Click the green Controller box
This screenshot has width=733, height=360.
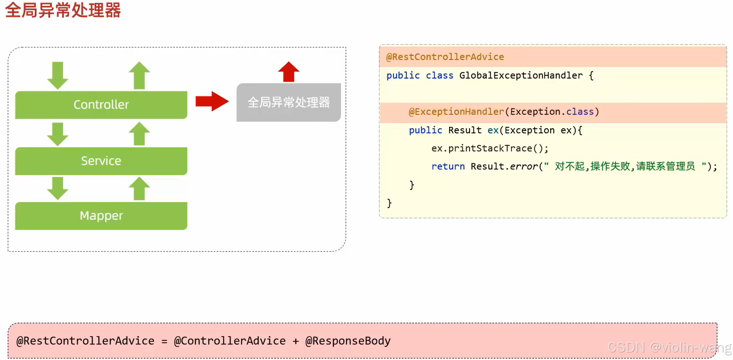101,105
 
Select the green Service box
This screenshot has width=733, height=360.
101,161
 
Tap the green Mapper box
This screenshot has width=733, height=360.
101,216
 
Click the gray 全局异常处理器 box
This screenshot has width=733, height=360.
289,102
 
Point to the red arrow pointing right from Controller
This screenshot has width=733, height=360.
212,102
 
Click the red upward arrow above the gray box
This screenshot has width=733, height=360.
289,72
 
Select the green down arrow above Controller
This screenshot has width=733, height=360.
57,75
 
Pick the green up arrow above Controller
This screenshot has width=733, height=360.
139,75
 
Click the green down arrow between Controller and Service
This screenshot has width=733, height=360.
57,134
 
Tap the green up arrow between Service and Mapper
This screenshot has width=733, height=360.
139,189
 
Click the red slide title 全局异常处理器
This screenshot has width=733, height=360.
63,10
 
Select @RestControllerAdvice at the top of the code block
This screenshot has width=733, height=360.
445,57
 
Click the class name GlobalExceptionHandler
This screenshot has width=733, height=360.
521,76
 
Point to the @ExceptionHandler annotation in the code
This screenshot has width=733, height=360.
456,112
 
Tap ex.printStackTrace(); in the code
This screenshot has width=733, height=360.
490,149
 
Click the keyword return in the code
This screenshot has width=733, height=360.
448,166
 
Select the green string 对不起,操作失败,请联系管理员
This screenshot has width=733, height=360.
625,166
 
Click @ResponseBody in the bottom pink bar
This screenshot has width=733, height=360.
348,341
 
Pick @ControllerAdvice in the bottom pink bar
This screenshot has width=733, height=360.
230,341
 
